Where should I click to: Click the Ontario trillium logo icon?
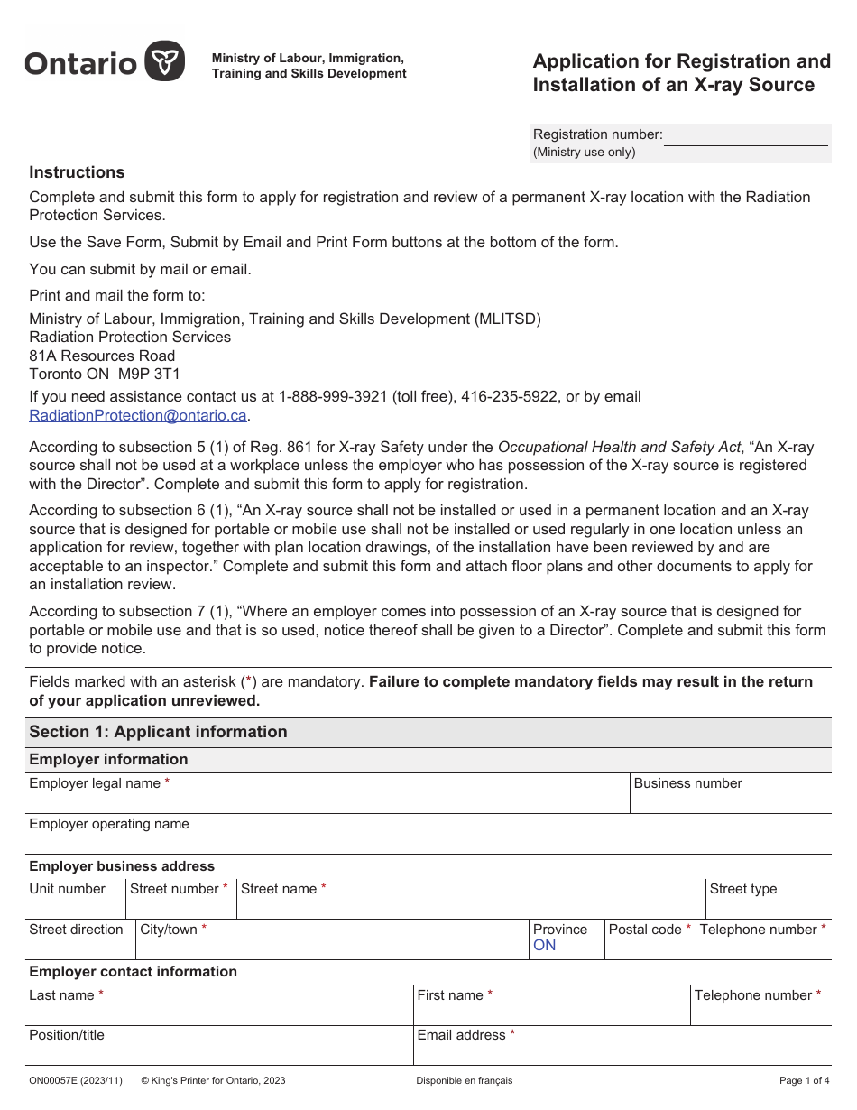(165, 61)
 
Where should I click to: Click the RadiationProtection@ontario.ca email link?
(138, 416)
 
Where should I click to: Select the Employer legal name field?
(327, 800)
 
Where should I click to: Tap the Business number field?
(730, 800)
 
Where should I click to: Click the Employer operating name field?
(429, 840)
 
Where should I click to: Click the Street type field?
(768, 905)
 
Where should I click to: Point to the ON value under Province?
(545, 946)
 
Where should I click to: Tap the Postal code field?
(650, 946)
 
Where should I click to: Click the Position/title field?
(219, 1051)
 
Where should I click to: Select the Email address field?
(622, 1051)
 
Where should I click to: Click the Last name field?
(219, 1012)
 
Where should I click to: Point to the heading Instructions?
(77, 172)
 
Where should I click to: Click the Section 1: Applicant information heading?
(158, 732)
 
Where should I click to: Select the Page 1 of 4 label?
(804, 1080)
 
